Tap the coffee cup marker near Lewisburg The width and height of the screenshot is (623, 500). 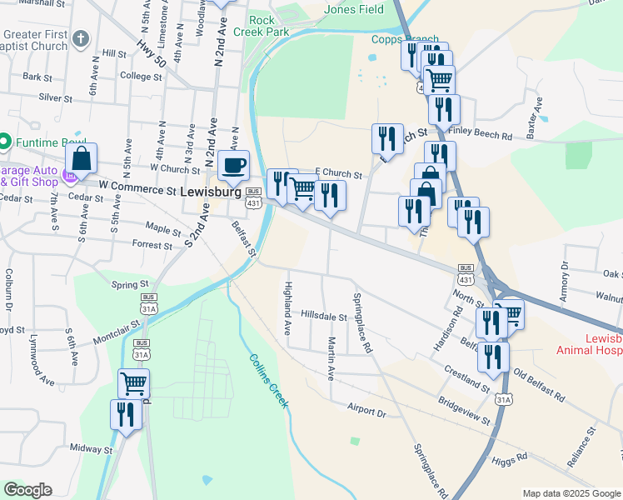(234, 164)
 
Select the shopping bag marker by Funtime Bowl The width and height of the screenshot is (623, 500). (82, 157)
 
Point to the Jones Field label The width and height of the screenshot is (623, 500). (354, 10)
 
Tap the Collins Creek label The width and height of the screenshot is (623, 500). (268, 380)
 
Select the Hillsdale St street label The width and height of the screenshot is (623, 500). (324, 317)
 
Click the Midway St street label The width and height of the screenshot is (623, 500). (92, 448)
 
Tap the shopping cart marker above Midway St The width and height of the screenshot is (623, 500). (133, 383)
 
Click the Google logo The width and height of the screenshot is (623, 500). (27, 490)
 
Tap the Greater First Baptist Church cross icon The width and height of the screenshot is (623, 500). (80, 38)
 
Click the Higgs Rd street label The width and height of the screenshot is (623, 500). (510, 457)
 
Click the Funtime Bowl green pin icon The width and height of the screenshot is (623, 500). (4, 142)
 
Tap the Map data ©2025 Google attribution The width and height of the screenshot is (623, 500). (571, 492)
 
